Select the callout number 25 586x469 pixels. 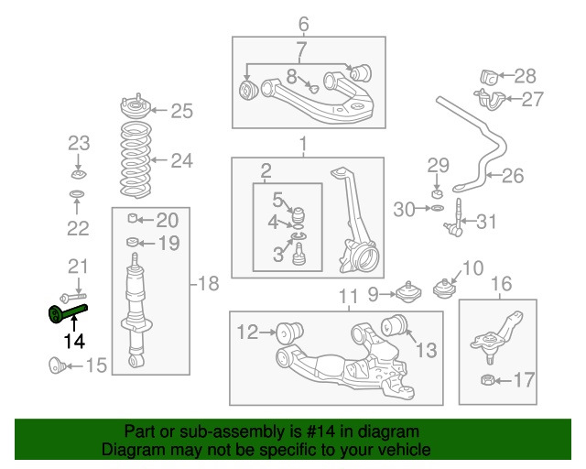[x=181, y=112]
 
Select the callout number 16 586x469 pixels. [x=503, y=283]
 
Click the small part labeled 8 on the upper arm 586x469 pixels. [x=313, y=89]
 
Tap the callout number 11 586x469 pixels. [x=347, y=296]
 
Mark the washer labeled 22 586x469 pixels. [x=78, y=194]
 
